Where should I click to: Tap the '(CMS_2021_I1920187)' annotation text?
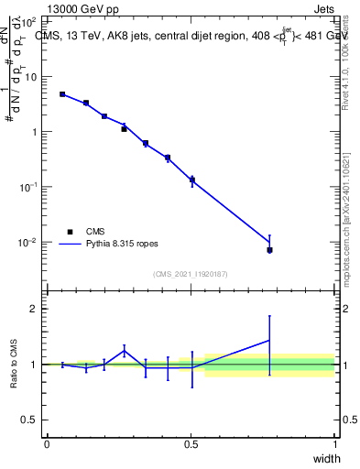191,274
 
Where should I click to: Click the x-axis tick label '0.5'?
191,443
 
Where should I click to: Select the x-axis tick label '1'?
334,443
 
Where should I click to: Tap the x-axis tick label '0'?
47,443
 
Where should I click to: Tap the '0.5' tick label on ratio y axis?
31,420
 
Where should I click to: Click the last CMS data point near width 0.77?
269,250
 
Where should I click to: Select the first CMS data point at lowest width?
62,94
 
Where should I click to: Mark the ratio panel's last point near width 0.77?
269,340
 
